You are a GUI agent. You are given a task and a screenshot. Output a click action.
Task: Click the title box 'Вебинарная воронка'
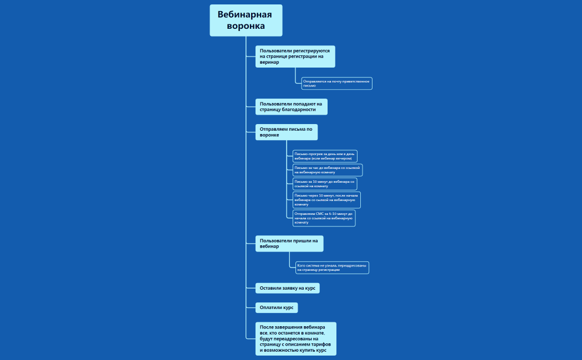pyautogui.click(x=246, y=20)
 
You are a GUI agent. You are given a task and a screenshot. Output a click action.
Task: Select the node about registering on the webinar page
pyautogui.click(x=295, y=56)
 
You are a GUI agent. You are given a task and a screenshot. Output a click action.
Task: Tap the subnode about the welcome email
pyautogui.click(x=336, y=83)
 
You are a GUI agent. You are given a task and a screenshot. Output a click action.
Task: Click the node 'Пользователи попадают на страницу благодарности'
pyautogui.click(x=291, y=106)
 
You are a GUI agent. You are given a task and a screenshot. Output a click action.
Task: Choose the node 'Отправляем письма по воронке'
pyautogui.click(x=286, y=132)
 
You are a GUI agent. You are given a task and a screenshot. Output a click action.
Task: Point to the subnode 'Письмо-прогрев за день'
pyautogui.click(x=324, y=156)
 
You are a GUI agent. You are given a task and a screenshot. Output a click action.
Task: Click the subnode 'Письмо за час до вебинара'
pyautogui.click(x=327, y=169)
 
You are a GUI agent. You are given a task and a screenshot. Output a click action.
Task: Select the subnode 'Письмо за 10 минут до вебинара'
pyautogui.click(x=324, y=184)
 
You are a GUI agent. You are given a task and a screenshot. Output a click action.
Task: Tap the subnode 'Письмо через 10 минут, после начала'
pyautogui.click(x=326, y=199)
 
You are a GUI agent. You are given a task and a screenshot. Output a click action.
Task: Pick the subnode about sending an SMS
pyautogui.click(x=324, y=218)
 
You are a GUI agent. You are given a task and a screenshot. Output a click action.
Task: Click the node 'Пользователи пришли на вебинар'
pyautogui.click(x=289, y=243)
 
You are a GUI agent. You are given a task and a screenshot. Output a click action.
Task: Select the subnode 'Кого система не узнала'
pyautogui.click(x=331, y=268)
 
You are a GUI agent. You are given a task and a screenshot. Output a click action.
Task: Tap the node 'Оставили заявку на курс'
pyautogui.click(x=287, y=288)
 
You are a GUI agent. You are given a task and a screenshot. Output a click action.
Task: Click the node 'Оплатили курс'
pyautogui.click(x=276, y=307)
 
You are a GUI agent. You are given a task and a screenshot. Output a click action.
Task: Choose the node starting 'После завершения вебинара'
pyautogui.click(x=295, y=338)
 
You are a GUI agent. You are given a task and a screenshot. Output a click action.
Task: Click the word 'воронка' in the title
pyautogui.click(x=246, y=26)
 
